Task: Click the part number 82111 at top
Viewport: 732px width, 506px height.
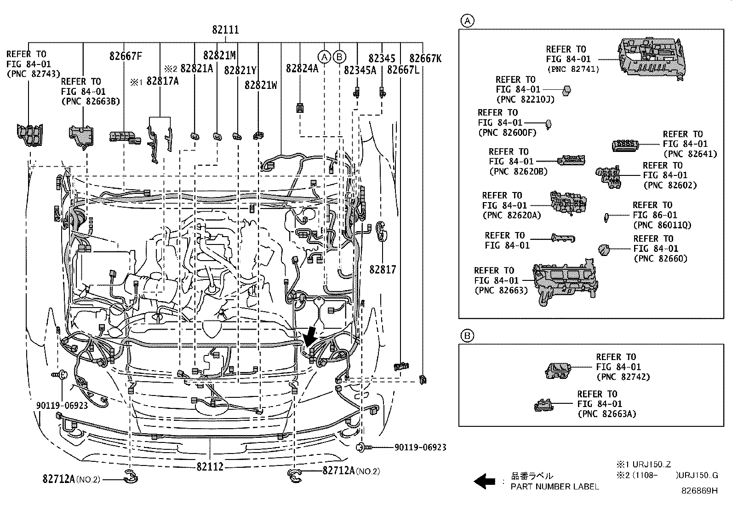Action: [x=225, y=29]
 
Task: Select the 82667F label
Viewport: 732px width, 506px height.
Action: [x=126, y=56]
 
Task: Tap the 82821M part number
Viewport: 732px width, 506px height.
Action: [x=219, y=56]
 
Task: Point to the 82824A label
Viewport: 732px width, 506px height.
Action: [x=302, y=68]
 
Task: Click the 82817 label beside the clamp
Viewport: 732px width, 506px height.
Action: [x=382, y=269]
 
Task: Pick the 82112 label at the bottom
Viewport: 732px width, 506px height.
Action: [x=210, y=466]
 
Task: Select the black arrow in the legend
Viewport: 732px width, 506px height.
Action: [x=484, y=482]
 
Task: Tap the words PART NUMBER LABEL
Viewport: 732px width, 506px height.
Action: [x=555, y=487]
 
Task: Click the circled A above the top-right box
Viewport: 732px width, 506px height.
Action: [x=467, y=21]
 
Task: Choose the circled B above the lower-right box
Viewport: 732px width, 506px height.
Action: [x=467, y=336]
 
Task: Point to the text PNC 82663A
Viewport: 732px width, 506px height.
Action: [x=606, y=414]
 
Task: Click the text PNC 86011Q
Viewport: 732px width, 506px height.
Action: [x=662, y=225]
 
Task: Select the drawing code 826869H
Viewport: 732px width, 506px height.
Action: [x=699, y=491]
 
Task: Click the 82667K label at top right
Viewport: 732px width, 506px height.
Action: [x=425, y=58]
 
